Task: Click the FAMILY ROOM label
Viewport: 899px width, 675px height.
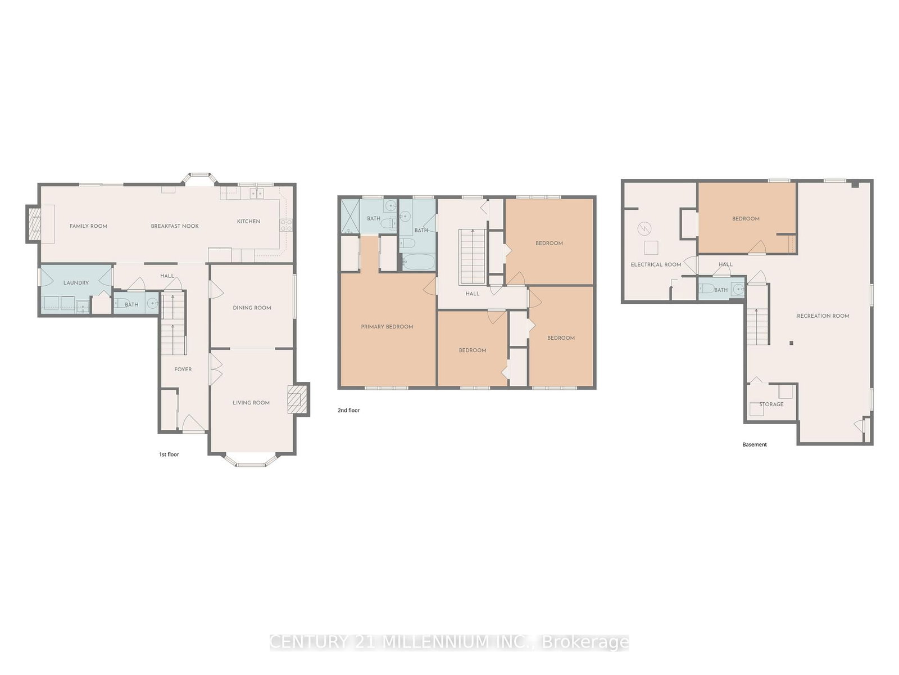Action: pos(88,226)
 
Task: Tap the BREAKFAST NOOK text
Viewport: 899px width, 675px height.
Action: pos(175,226)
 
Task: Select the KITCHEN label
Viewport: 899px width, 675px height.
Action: pos(248,222)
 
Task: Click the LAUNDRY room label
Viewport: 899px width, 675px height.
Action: pos(76,283)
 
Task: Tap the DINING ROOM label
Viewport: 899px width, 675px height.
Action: pos(252,308)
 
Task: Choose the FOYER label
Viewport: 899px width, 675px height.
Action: pos(183,370)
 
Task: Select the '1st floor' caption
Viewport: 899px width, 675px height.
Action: pos(169,454)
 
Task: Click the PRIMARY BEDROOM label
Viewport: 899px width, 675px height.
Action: pos(387,327)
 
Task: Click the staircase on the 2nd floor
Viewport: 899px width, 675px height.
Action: pos(473,256)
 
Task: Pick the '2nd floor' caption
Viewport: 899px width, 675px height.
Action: pos(348,411)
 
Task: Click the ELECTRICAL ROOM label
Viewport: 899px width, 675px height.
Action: pos(656,264)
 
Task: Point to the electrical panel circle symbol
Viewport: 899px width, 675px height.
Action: pos(644,229)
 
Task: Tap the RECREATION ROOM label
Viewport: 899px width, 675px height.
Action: pos(823,316)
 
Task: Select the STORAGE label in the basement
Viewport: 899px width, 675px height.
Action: pos(771,404)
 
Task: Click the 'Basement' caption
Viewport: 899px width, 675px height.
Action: pos(755,444)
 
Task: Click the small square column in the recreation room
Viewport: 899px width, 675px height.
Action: pos(791,343)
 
